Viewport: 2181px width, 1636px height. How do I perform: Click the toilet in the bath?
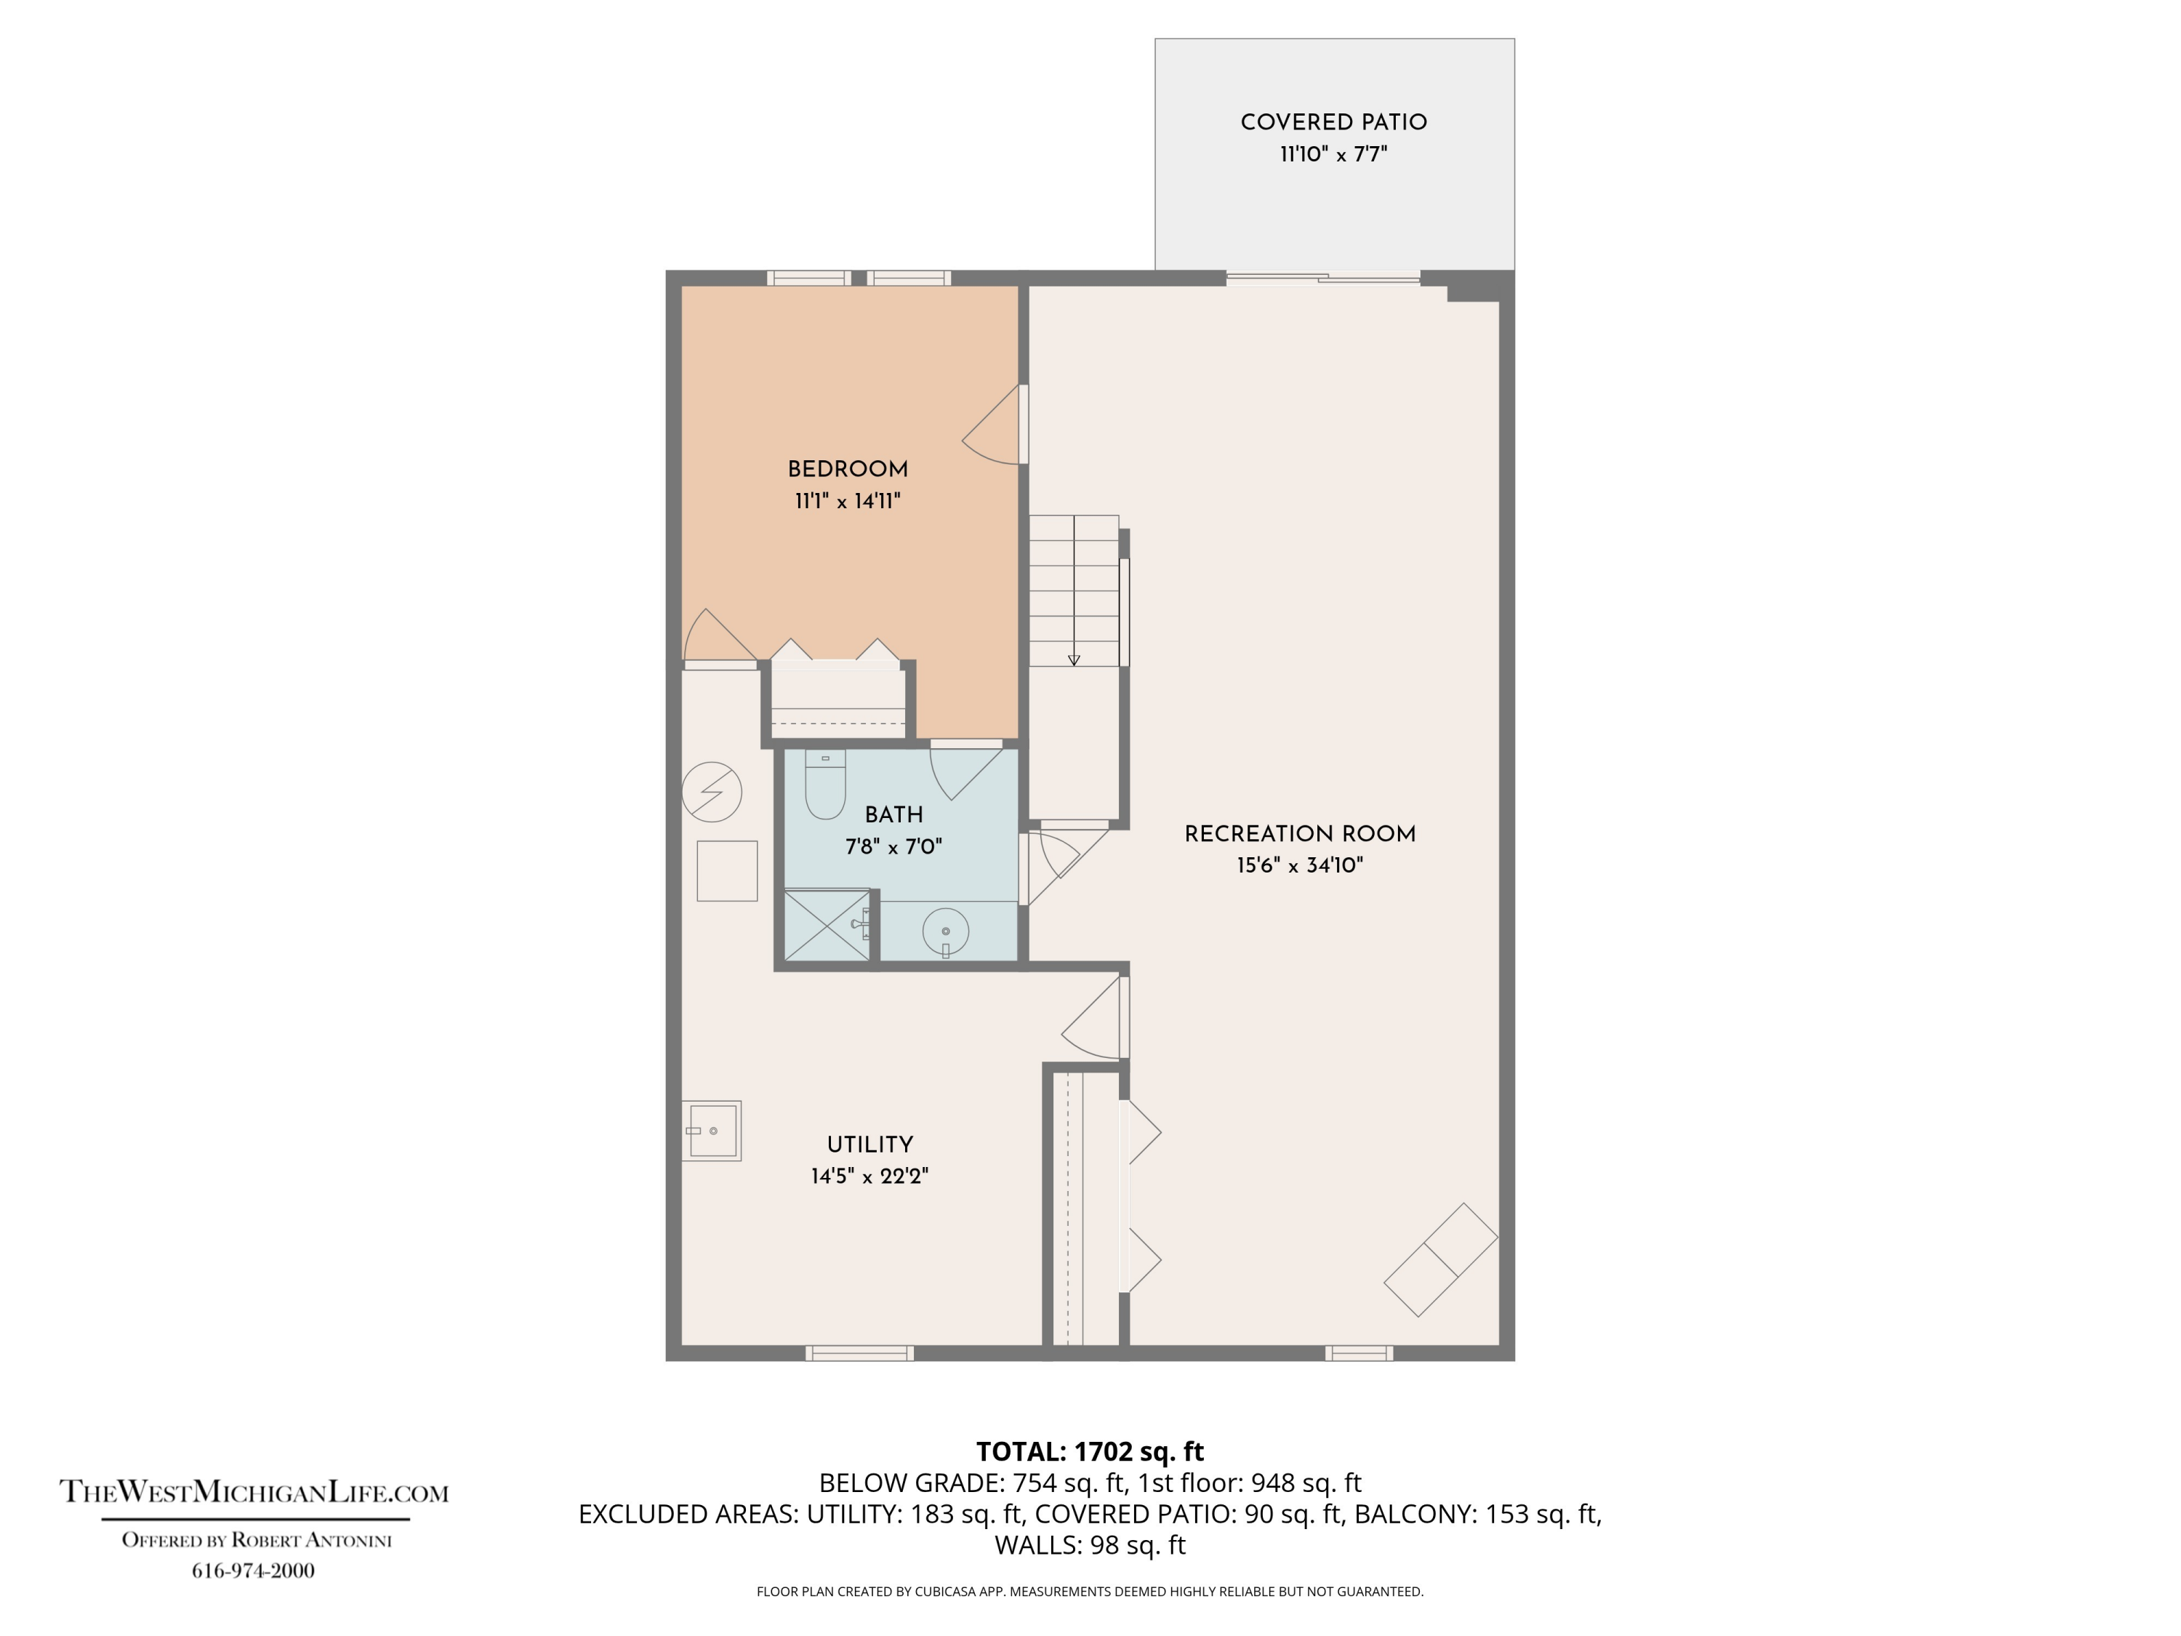[825, 785]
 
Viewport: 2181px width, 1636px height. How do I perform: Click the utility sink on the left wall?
[712, 1130]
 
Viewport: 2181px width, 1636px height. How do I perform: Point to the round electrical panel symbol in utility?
[712, 792]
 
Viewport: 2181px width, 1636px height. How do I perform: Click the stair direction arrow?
[1074, 659]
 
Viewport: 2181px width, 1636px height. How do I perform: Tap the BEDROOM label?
[847, 470]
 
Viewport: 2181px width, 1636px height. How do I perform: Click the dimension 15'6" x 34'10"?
[1300, 866]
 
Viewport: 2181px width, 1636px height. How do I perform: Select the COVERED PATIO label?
[1333, 122]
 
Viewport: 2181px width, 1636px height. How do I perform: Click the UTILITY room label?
[869, 1145]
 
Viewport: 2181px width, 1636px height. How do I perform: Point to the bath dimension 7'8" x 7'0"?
[893, 846]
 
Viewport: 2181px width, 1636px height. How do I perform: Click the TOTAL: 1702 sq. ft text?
[1090, 1451]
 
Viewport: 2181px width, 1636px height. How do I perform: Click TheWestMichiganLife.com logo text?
[254, 1491]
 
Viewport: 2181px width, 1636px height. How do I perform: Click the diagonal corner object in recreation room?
[1440, 1259]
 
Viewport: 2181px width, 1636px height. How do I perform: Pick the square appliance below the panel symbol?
[727, 871]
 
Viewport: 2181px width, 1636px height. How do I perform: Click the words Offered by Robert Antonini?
[257, 1540]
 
